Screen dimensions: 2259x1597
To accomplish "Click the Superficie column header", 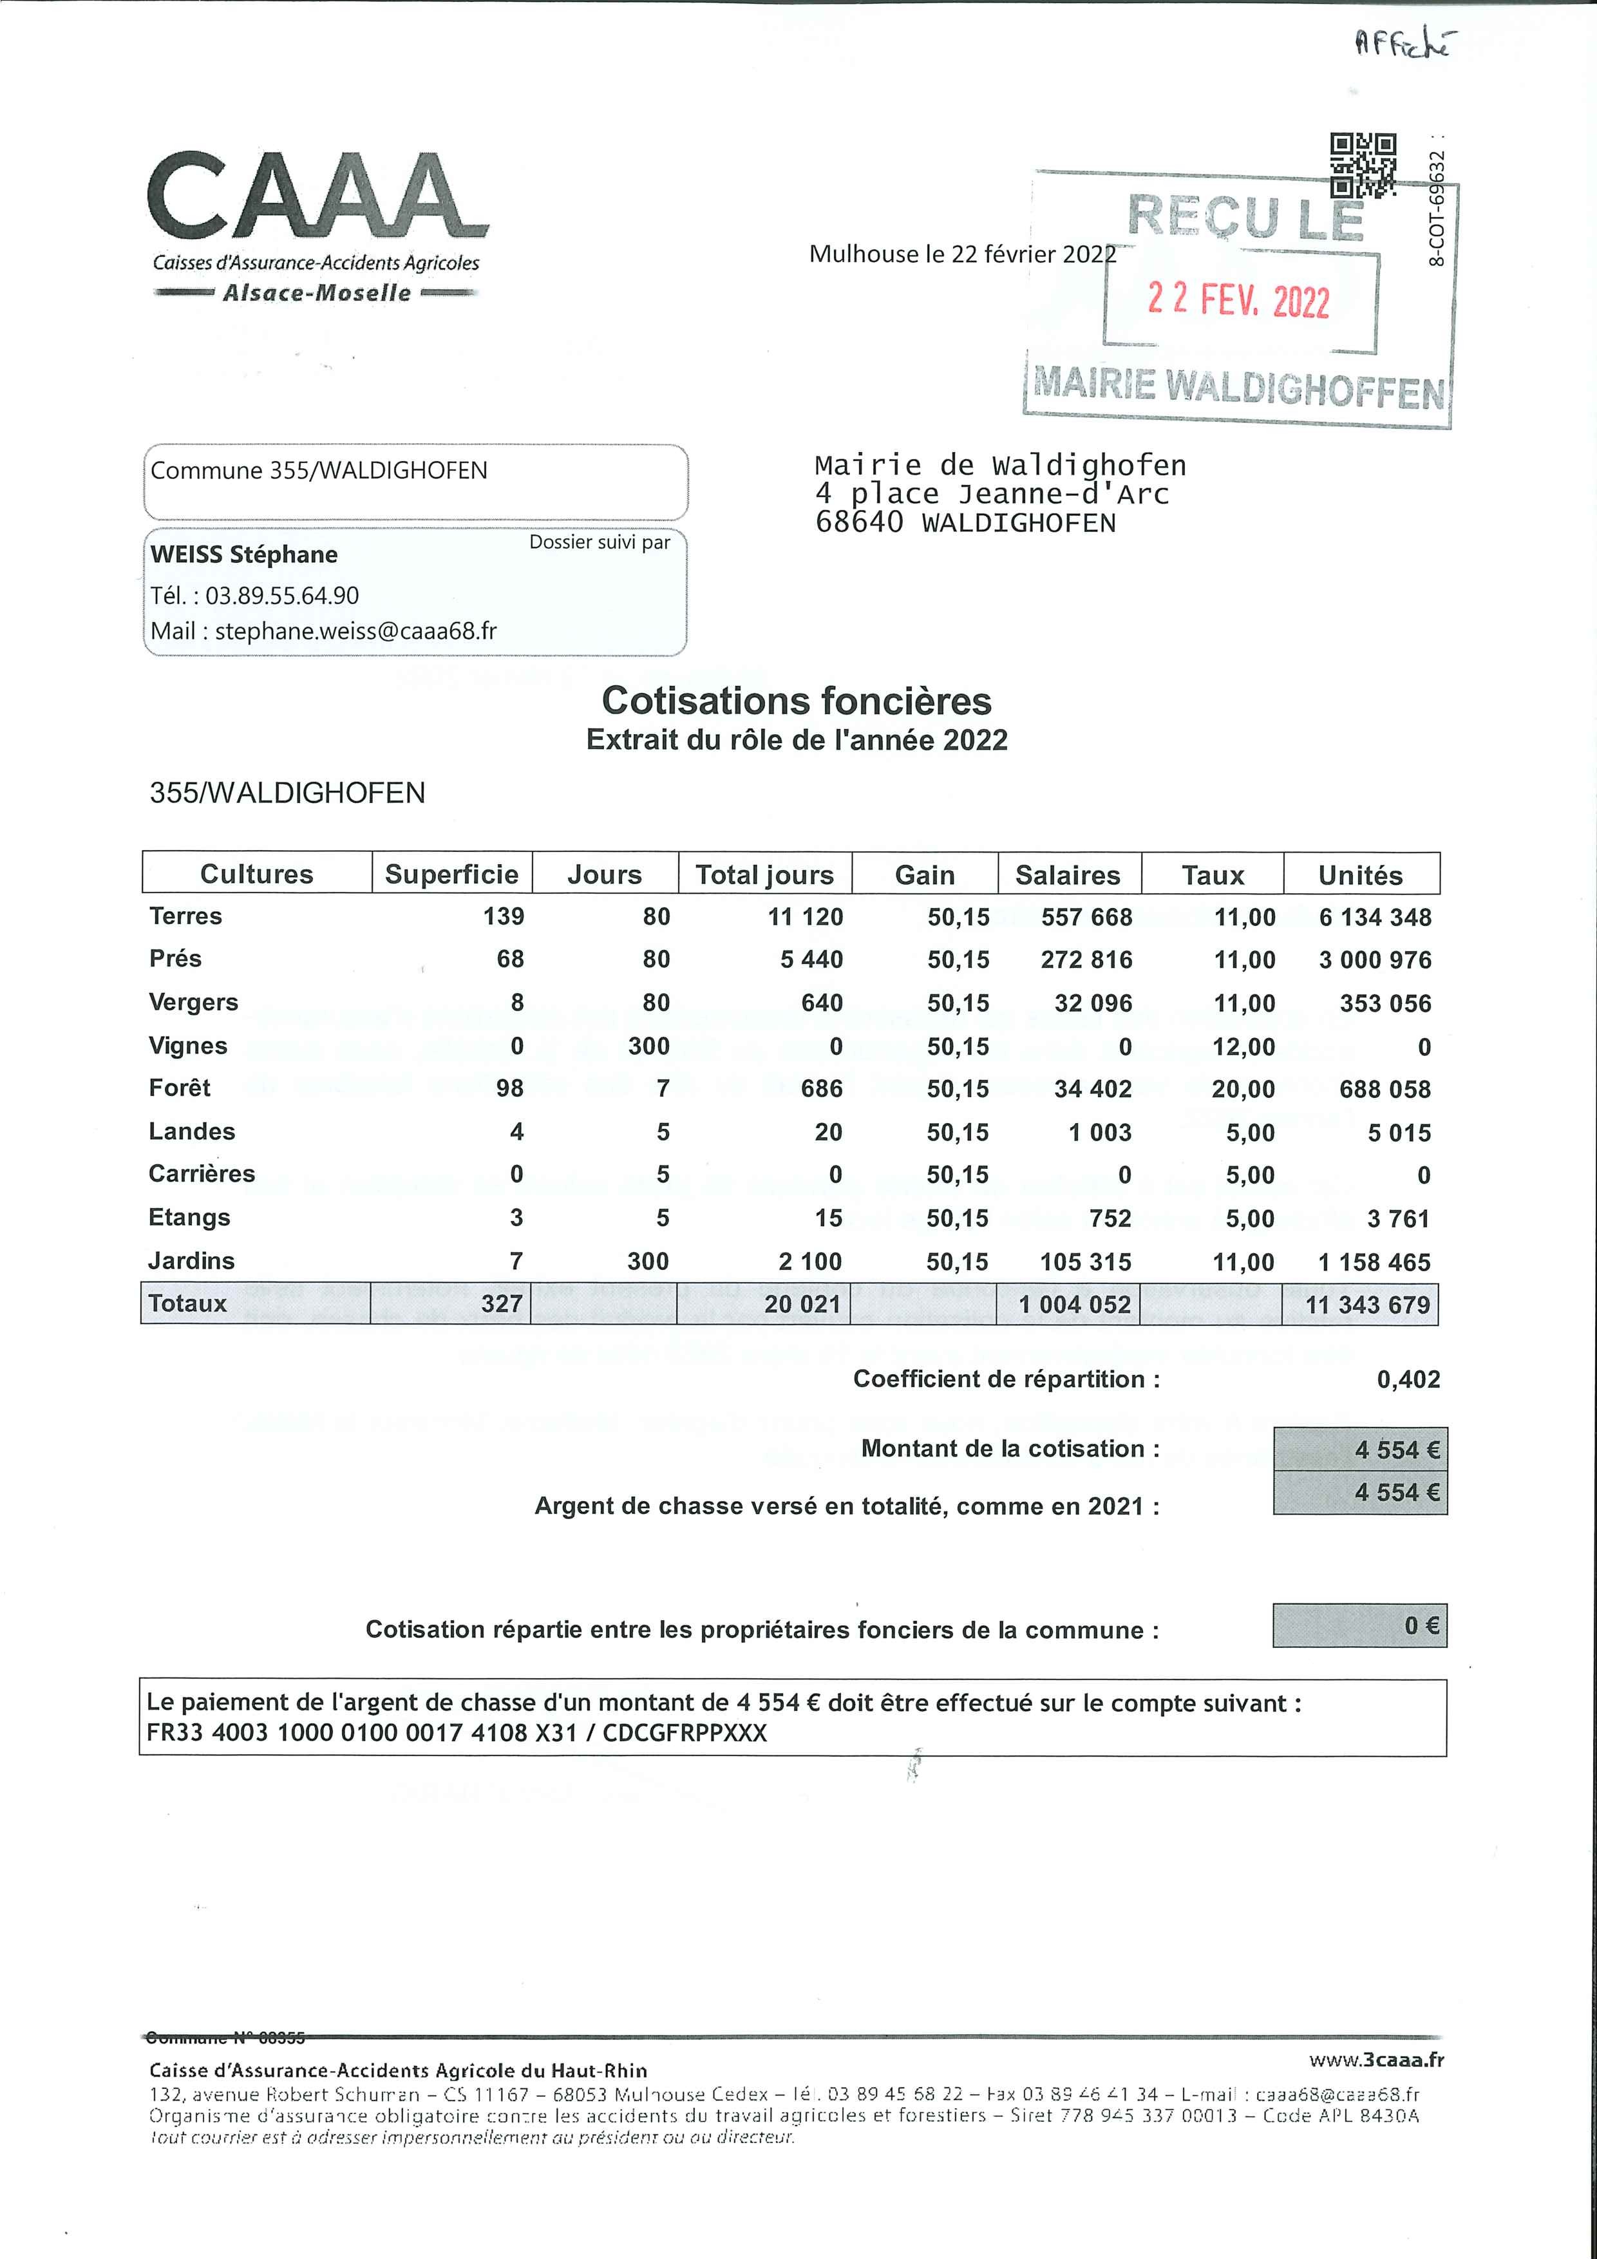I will (x=451, y=874).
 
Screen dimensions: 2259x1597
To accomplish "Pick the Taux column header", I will (x=1213, y=874).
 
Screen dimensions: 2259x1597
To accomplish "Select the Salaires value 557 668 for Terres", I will (x=1086, y=917).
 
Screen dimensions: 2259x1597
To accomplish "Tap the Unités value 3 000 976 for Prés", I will (x=1375, y=959).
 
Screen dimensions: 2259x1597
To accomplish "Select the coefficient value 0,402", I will (x=1408, y=1379).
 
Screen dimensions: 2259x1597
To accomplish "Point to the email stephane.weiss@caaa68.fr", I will (x=355, y=630).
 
